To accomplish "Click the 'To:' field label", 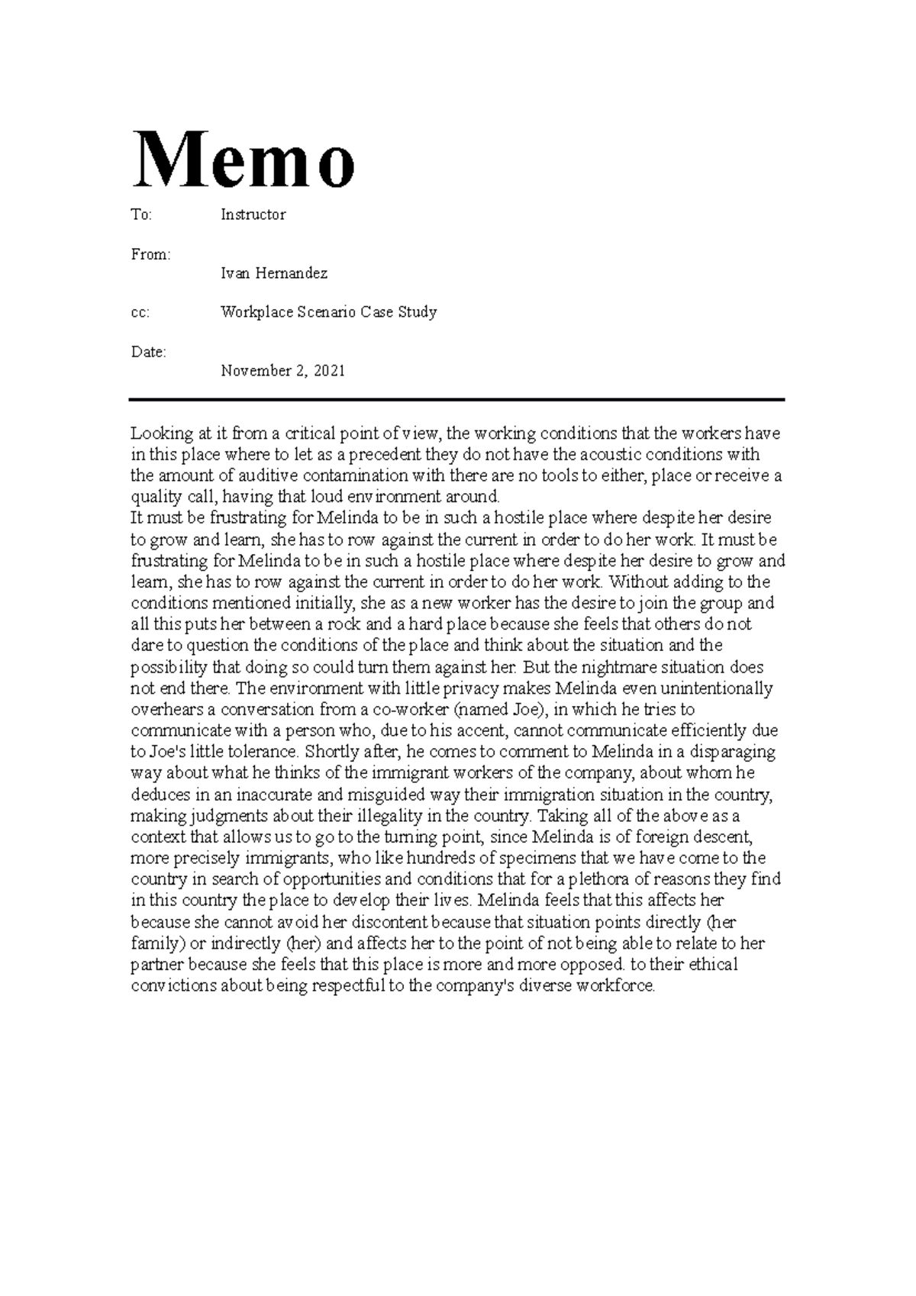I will pos(141,214).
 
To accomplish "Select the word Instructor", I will pos(253,214).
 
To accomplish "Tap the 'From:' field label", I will pos(150,254).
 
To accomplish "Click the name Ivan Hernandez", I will pos(273,272).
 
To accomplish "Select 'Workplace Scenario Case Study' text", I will pos(328,312).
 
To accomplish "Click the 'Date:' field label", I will pos(148,352).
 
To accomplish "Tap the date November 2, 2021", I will pos(282,371).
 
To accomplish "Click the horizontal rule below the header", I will pos(456,399).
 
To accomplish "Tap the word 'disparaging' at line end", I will pos(734,752).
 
